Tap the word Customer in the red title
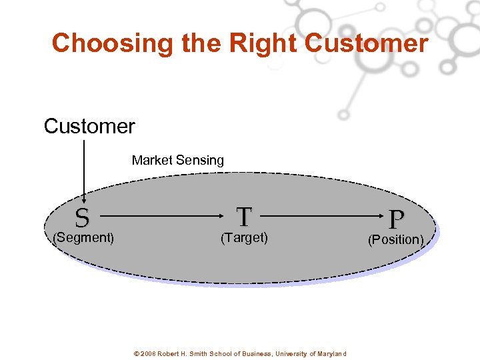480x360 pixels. (366, 43)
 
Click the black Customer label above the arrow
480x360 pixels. (89, 126)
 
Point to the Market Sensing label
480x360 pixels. (178, 160)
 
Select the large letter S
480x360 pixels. (82, 217)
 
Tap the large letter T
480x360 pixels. (245, 217)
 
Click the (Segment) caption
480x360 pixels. (83, 237)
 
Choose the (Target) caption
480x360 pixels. (244, 237)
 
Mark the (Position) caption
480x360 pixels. (396, 239)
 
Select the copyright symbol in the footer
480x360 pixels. (137, 353)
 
